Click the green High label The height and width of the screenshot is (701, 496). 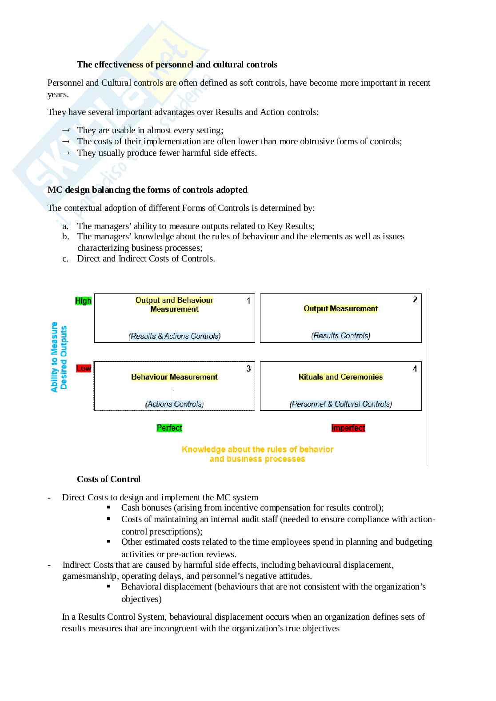83,301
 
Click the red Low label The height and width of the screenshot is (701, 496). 84,368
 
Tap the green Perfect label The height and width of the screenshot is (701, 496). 169,428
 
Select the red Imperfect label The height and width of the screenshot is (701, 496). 348,428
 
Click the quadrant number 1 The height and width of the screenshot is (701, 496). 248,301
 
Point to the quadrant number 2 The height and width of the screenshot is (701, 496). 415,300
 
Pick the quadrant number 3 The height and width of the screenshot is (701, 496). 248,368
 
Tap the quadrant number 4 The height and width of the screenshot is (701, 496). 415,368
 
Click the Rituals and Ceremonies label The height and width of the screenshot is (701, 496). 340,377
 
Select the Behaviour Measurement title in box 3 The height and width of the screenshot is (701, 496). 174,377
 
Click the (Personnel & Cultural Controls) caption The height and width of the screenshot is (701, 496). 340,404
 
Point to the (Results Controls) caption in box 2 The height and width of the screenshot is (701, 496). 340,336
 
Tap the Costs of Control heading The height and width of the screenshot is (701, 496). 108,479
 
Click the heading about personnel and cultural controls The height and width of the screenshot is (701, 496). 177,64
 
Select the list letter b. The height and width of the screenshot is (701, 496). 65,237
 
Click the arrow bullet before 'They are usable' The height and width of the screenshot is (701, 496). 66,130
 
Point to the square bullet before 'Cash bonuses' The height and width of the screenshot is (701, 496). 108,507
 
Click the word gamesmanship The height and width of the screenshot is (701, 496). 89,576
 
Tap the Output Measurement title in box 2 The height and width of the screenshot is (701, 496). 340,309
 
